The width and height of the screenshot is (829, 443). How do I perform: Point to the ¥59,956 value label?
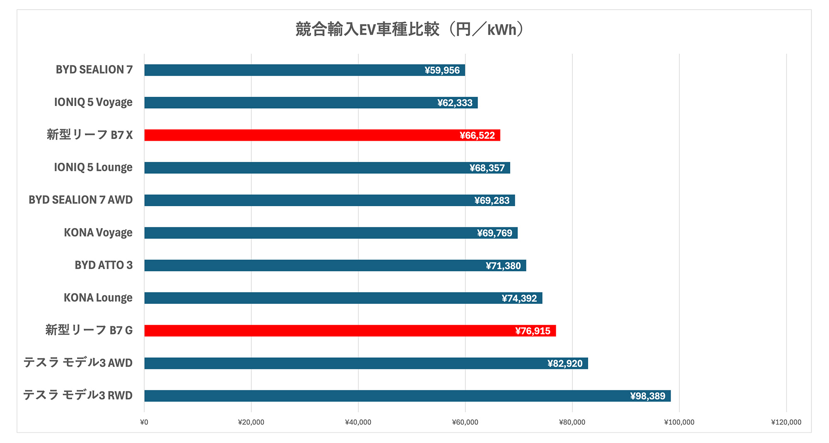[x=442, y=70]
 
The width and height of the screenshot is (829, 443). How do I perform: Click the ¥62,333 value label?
[x=455, y=103]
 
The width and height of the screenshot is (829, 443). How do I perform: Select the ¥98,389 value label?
[x=647, y=396]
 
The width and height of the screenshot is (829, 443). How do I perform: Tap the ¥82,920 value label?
[x=565, y=364]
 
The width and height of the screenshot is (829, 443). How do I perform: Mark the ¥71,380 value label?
[x=503, y=266]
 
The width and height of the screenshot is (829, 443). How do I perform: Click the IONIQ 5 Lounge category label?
[x=93, y=168]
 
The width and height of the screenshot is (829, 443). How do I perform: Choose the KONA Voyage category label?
[x=98, y=233]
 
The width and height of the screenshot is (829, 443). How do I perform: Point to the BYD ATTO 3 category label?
[x=104, y=265]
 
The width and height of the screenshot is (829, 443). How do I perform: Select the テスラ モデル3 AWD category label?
[x=78, y=363]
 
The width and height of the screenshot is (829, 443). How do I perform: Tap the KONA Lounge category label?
[x=98, y=298]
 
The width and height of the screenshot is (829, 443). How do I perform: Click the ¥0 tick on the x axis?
[x=144, y=422]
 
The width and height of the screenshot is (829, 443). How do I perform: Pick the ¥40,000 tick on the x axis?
[x=358, y=422]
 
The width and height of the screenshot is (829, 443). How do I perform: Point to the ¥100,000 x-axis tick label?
[x=679, y=422]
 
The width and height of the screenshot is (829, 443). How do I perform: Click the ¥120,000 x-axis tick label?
[x=786, y=422]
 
